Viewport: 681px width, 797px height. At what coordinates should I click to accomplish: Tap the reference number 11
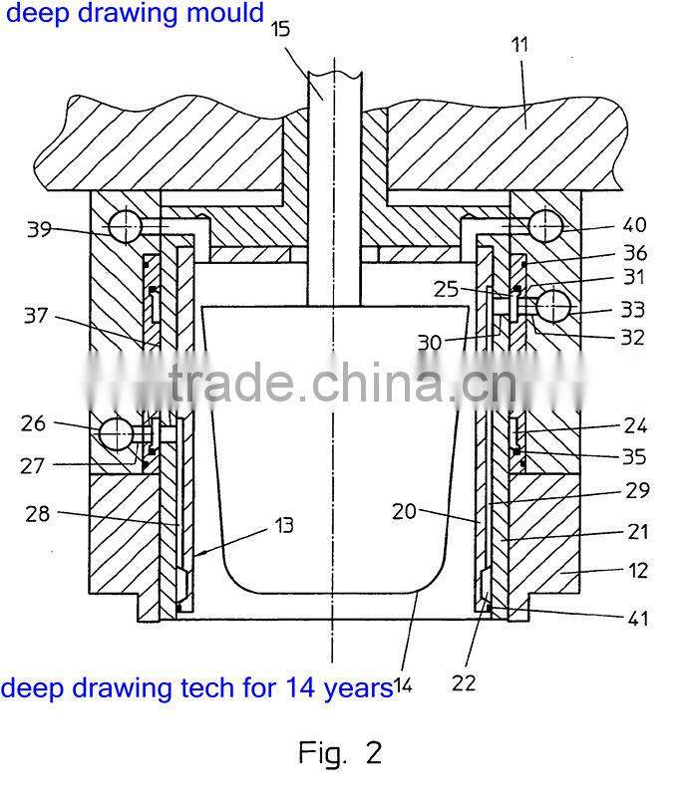click(519, 45)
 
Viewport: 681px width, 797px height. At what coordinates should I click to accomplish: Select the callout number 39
click(39, 228)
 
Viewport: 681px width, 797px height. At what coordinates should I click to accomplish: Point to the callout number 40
click(634, 225)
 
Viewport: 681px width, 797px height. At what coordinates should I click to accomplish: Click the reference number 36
click(634, 253)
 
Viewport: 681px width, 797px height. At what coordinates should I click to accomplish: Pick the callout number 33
click(632, 309)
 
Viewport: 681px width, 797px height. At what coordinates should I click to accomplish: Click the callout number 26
click(34, 423)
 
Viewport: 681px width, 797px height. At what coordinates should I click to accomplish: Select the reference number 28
click(39, 513)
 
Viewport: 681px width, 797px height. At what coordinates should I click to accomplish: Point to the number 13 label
click(284, 525)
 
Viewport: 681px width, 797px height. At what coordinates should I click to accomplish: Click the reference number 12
click(639, 570)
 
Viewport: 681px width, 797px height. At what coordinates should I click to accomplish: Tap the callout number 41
click(637, 618)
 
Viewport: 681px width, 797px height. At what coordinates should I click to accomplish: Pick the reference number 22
click(464, 682)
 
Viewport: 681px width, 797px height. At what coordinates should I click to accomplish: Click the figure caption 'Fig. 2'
click(340, 752)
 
